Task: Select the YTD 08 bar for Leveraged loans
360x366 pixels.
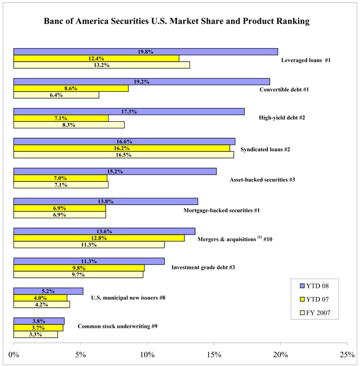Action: pyautogui.click(x=146, y=51)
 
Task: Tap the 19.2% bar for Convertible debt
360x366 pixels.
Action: pyautogui.click(x=141, y=81)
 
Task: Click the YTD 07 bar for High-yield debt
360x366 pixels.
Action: pyautogui.click(x=61, y=118)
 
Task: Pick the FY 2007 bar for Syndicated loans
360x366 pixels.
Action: pyautogui.click(x=124, y=154)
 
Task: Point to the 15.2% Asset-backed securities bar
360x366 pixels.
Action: pyautogui.click(x=115, y=171)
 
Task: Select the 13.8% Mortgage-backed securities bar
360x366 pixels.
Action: pyautogui.click(x=105, y=201)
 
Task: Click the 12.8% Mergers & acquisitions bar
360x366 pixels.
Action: pyautogui.click(x=99, y=238)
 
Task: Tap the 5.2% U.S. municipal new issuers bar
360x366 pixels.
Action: pyautogui.click(x=48, y=291)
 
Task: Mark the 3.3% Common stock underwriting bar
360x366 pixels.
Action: pyautogui.click(x=35, y=334)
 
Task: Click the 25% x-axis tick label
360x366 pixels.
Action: pyautogui.click(x=347, y=354)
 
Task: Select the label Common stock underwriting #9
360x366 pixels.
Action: pyautogui.click(x=117, y=327)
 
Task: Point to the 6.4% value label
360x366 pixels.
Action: pyautogui.click(x=56, y=95)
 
